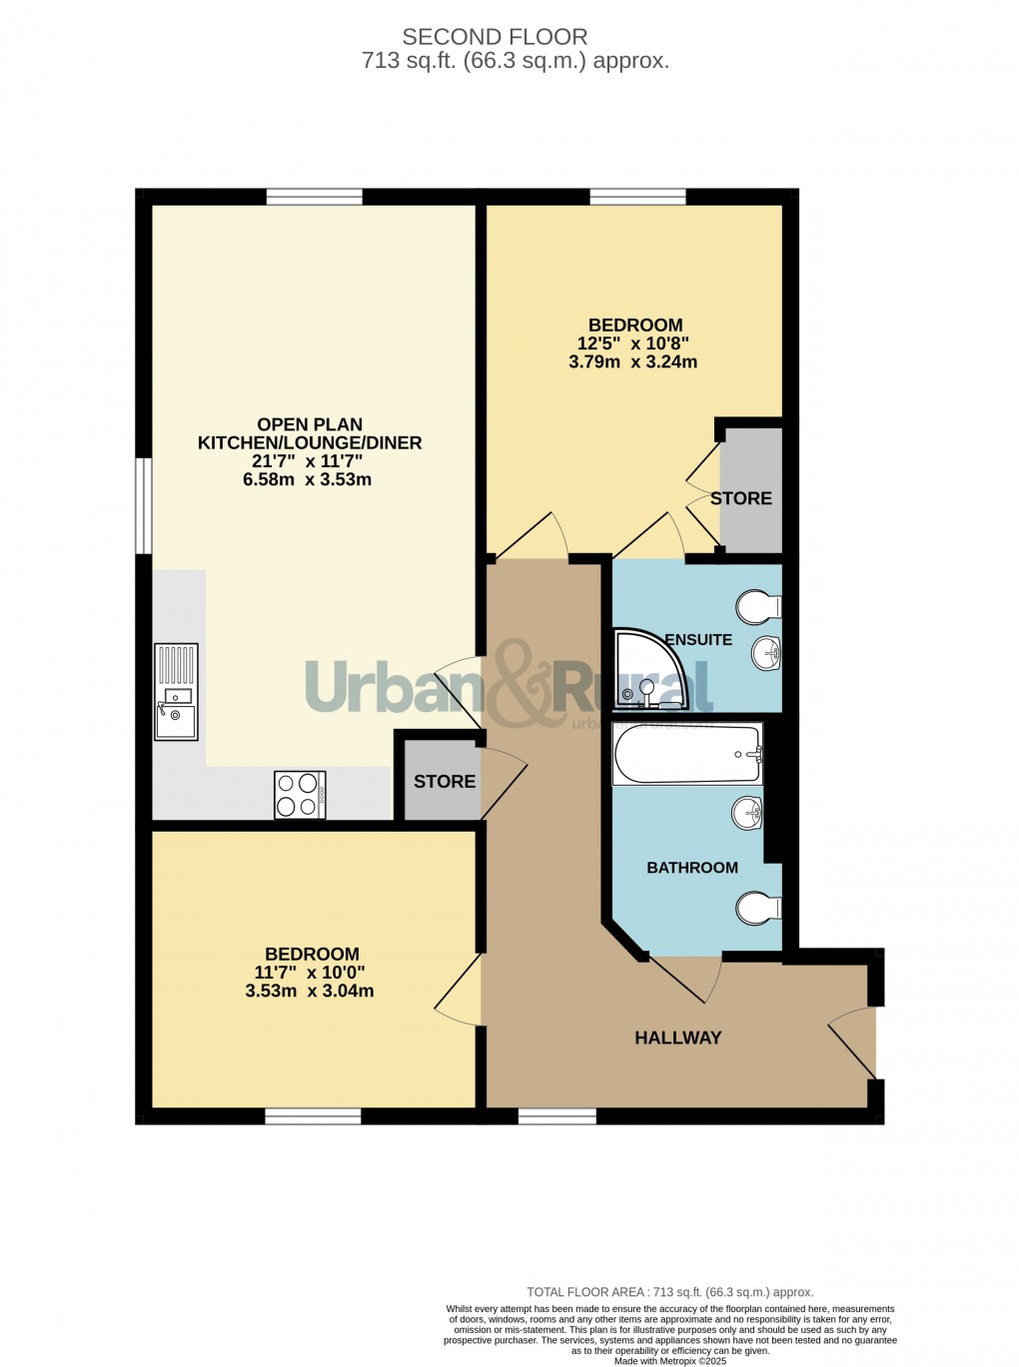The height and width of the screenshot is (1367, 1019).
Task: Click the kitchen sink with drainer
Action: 177,692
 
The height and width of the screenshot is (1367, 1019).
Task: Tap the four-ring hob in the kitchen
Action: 300,795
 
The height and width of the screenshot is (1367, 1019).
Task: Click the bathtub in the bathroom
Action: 687,754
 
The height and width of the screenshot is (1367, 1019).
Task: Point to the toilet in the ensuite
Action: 759,606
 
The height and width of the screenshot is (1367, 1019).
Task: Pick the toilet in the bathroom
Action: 759,908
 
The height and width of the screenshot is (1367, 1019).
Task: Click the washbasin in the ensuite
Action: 767,654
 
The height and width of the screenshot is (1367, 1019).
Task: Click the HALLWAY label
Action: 677,1037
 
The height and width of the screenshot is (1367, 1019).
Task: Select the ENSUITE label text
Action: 698,639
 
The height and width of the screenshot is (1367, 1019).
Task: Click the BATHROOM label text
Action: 692,867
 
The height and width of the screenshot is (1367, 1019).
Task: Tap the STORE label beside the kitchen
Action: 445,781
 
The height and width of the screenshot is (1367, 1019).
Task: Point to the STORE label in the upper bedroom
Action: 741,497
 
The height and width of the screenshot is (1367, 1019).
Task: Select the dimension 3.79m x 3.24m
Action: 633,361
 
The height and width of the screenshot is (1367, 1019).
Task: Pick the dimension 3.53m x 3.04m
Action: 310,991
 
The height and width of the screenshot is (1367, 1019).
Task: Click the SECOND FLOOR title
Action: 495,37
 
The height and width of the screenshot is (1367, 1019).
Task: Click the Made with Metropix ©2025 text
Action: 670,1360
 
